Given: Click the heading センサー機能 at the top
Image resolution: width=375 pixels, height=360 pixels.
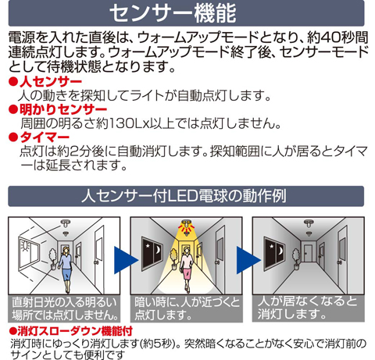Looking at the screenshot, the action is coord(173,13).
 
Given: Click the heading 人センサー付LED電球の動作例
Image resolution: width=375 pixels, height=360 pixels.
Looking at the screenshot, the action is coord(184,196).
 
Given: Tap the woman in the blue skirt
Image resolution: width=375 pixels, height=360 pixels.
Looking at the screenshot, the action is coord(66,269).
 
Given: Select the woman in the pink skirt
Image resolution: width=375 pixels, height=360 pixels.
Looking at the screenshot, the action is coord(187,269).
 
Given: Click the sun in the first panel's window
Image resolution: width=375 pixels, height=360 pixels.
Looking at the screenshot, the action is coord(25,246).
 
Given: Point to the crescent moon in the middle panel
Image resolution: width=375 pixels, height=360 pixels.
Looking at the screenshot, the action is coord(158,251).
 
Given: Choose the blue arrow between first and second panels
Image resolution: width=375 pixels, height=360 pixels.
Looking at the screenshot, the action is coord(125,260).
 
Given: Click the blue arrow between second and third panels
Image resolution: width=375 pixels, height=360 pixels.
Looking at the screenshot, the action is coord(248,260).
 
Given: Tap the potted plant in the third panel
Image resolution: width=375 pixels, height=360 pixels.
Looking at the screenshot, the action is coord(296,259).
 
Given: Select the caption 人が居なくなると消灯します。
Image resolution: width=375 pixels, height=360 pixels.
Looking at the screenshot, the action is coord(307,308).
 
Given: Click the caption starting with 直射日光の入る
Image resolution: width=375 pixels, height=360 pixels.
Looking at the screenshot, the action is coord(65,309).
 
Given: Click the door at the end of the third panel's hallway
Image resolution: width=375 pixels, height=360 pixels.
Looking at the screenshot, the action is coord(309,254).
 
